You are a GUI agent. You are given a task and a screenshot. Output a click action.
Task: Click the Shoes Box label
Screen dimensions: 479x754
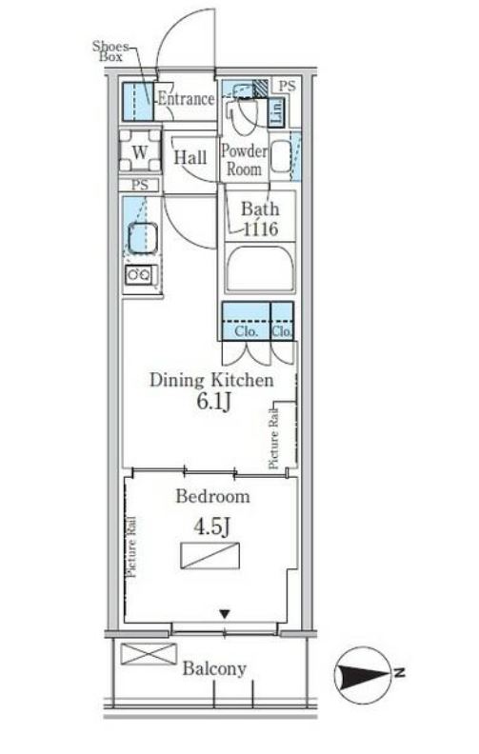point(111,51)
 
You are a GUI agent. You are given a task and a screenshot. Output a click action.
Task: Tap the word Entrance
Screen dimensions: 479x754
point(186,99)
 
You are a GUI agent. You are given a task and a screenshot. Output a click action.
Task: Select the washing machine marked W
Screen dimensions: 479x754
point(140,151)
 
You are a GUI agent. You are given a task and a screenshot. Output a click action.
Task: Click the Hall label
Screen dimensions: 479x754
point(190,157)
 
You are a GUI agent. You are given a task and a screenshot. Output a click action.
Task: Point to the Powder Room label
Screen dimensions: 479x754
point(244,160)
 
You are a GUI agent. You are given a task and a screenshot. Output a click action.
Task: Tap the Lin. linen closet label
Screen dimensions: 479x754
point(277,112)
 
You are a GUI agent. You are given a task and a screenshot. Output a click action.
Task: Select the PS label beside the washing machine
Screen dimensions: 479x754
point(140,185)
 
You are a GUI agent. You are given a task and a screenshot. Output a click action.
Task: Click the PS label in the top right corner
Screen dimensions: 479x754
point(287,86)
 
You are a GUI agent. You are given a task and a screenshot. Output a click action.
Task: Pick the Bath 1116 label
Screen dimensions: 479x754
point(260,219)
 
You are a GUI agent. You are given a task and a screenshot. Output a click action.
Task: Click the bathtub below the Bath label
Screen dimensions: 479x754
point(260,268)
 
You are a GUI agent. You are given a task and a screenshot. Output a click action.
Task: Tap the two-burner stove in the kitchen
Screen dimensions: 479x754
point(139,275)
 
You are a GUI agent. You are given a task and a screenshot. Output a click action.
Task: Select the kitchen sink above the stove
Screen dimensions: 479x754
point(142,238)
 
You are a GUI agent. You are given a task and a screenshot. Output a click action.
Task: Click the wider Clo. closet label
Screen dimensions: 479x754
point(247,331)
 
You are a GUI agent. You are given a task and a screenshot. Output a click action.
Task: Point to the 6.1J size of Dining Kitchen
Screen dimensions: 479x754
point(214,402)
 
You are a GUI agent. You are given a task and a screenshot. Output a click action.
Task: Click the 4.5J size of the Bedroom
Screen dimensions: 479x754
point(212,527)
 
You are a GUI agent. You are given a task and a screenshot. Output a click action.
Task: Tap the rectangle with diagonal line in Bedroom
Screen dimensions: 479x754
point(210,555)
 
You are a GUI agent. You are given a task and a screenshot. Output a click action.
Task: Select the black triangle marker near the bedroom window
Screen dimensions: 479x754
point(225,614)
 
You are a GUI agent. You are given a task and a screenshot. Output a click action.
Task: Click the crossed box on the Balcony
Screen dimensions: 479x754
point(149,654)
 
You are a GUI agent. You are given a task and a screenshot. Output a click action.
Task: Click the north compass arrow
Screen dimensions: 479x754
point(366,675)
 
